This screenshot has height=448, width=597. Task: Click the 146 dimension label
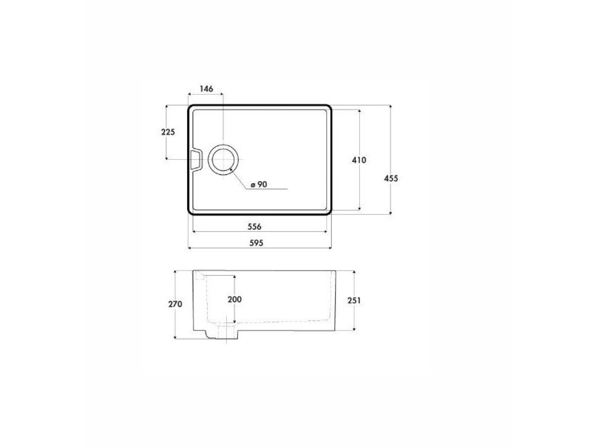point(206,89)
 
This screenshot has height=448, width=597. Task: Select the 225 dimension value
point(168,132)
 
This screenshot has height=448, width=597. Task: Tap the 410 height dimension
point(359,160)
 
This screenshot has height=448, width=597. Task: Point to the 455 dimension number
point(391,178)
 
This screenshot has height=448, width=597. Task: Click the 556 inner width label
point(254,226)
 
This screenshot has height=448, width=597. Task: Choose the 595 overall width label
point(256,243)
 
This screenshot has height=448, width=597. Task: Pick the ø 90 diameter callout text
point(259,184)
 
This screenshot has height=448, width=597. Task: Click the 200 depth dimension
point(234,300)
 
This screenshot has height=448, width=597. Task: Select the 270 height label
point(175,304)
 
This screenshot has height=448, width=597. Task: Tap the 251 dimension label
point(354,300)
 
